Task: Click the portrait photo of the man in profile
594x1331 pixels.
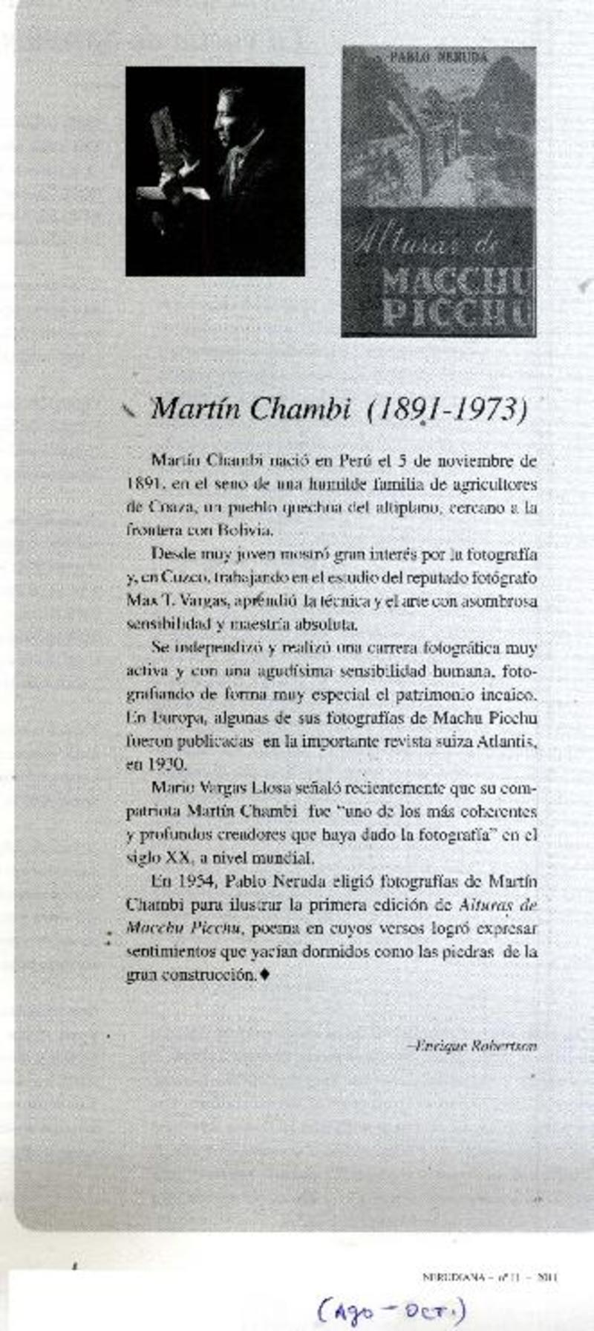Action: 215,171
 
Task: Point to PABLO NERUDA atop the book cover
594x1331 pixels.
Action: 438,56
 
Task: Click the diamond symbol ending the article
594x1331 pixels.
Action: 265,974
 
